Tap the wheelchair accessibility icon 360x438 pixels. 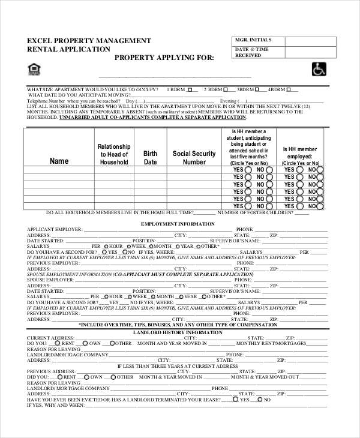(x=317, y=70)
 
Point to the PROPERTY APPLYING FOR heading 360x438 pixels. (x=163, y=58)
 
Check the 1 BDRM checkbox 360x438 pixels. (x=190, y=89)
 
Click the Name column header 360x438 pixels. (x=59, y=161)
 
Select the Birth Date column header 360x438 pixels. (x=150, y=157)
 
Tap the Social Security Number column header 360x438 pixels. (x=194, y=157)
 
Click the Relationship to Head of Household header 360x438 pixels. (x=114, y=154)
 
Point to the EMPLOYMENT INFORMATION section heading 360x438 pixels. (x=177, y=224)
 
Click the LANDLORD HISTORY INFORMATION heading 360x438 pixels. (x=177, y=332)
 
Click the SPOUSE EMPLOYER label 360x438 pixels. (x=50, y=280)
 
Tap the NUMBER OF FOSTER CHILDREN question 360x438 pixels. (x=256, y=212)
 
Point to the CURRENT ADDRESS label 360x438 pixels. (x=46, y=337)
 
